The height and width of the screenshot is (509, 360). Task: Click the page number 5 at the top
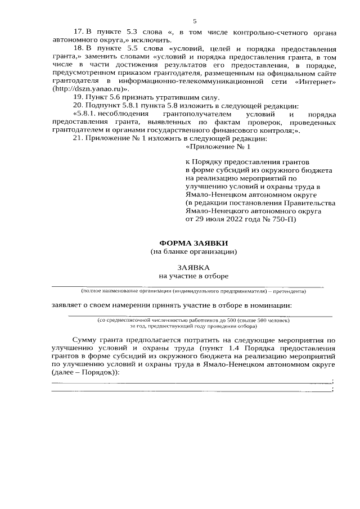click(x=194, y=22)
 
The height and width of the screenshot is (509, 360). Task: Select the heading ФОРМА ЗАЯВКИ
click(x=194, y=243)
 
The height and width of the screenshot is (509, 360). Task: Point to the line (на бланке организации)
click(x=194, y=251)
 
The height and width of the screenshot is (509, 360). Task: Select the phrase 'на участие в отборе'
click(x=194, y=276)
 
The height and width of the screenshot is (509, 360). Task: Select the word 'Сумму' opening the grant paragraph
click(x=85, y=340)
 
